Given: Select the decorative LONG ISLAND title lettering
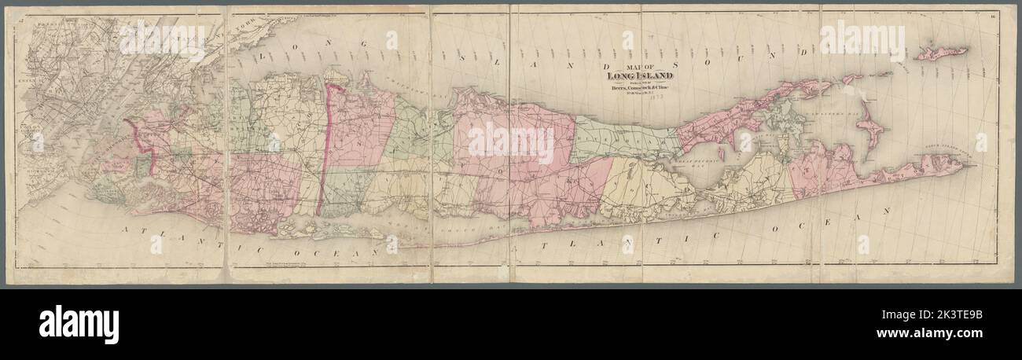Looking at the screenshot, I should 628,75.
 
